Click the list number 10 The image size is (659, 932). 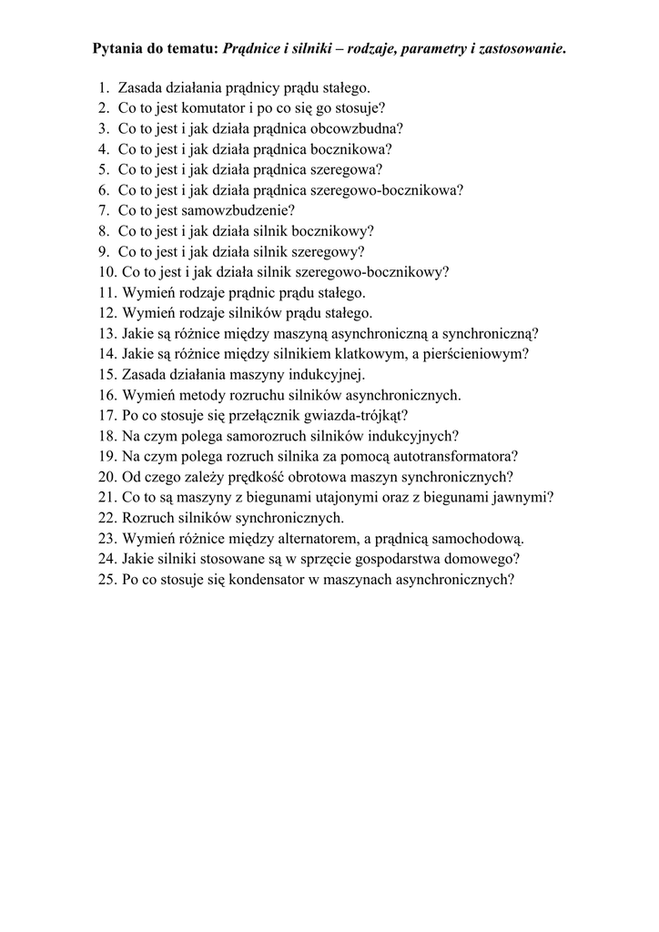[106, 271]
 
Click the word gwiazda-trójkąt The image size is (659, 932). [354, 414]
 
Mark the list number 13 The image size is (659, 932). [106, 333]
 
